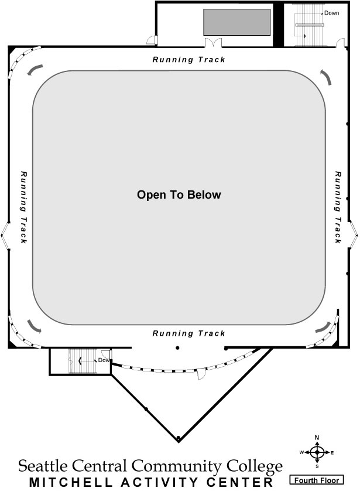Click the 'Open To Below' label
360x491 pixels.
179,195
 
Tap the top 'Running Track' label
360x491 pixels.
188,60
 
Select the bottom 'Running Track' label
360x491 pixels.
188,333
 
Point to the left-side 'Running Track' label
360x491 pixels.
23,207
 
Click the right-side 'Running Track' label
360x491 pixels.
338,207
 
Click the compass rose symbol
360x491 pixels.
317,452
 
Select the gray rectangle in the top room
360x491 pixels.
236,22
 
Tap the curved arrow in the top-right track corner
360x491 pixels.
325,76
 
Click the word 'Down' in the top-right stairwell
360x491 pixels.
332,13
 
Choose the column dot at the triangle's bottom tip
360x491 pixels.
178,438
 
